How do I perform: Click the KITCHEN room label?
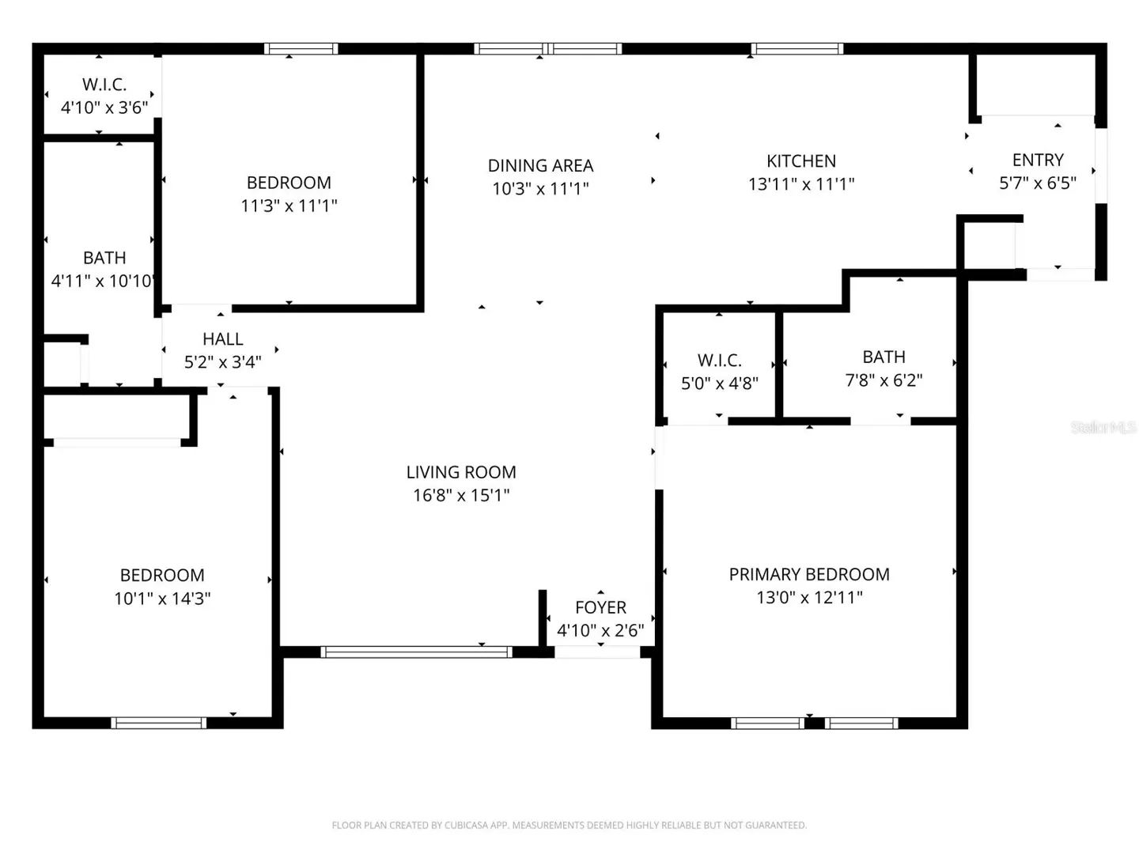click(x=800, y=161)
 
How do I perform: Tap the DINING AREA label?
click(x=540, y=166)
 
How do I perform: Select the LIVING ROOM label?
click(x=461, y=472)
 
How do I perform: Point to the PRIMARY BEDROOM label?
click(x=809, y=574)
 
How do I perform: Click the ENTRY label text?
click(x=1038, y=161)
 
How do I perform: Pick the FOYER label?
click(x=600, y=607)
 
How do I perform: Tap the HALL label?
click(x=222, y=339)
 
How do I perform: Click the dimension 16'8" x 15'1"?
click(x=461, y=496)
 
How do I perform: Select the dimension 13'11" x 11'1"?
click(x=800, y=184)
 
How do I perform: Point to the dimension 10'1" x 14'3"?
click(x=162, y=599)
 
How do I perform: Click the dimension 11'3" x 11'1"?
click(x=289, y=206)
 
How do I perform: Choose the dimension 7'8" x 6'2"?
click(x=884, y=380)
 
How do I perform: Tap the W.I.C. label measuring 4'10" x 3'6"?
click(x=104, y=85)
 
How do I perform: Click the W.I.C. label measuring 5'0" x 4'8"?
click(x=719, y=361)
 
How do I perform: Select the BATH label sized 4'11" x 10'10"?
click(x=104, y=258)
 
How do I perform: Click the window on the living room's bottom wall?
click(x=416, y=652)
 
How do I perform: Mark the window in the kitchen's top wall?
click(x=797, y=49)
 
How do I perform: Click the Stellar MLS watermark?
click(x=1103, y=428)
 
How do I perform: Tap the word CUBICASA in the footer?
click(x=466, y=825)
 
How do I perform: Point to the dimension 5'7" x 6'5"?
click(x=1038, y=183)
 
